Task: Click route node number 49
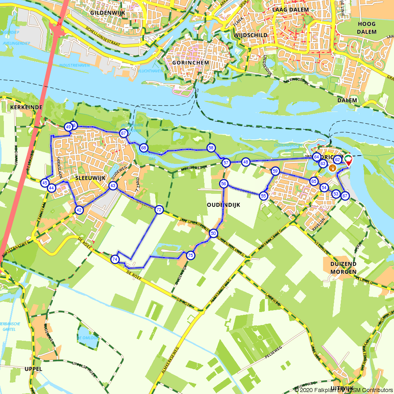pyautogui.click(x=68, y=127)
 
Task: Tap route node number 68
pyautogui.click(x=143, y=148)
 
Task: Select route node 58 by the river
pyautogui.click(x=211, y=148)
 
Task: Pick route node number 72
pyautogui.click(x=159, y=210)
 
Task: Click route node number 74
pyautogui.click(x=115, y=259)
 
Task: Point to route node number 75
pyautogui.click(x=190, y=255)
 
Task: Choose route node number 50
pyautogui.click(x=213, y=233)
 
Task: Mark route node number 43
pyautogui.click(x=113, y=186)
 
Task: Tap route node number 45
pyautogui.click(x=45, y=182)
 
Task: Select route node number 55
pyautogui.click(x=264, y=195)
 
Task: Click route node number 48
pyautogui.click(x=246, y=162)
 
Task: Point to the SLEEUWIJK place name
pyautogui.click(x=90, y=178)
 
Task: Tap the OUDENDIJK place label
pyautogui.click(x=223, y=205)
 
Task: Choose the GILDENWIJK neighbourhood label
pyautogui.click(x=107, y=13)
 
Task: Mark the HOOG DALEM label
pyautogui.click(x=366, y=27)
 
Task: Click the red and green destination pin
pyautogui.click(x=349, y=160)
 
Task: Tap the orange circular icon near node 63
pyautogui.click(x=333, y=168)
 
